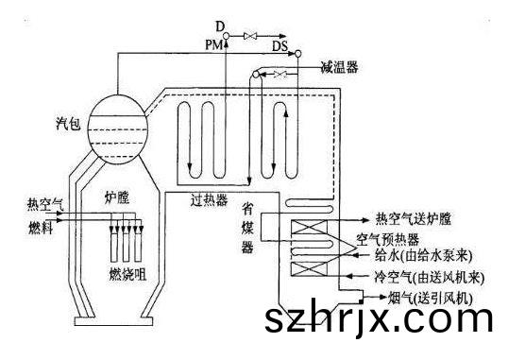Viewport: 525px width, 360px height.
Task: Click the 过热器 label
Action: (x=210, y=200)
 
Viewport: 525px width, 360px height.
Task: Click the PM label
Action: (x=213, y=43)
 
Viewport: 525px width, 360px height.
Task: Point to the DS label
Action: (x=279, y=44)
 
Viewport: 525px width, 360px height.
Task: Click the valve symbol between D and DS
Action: (x=252, y=36)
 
